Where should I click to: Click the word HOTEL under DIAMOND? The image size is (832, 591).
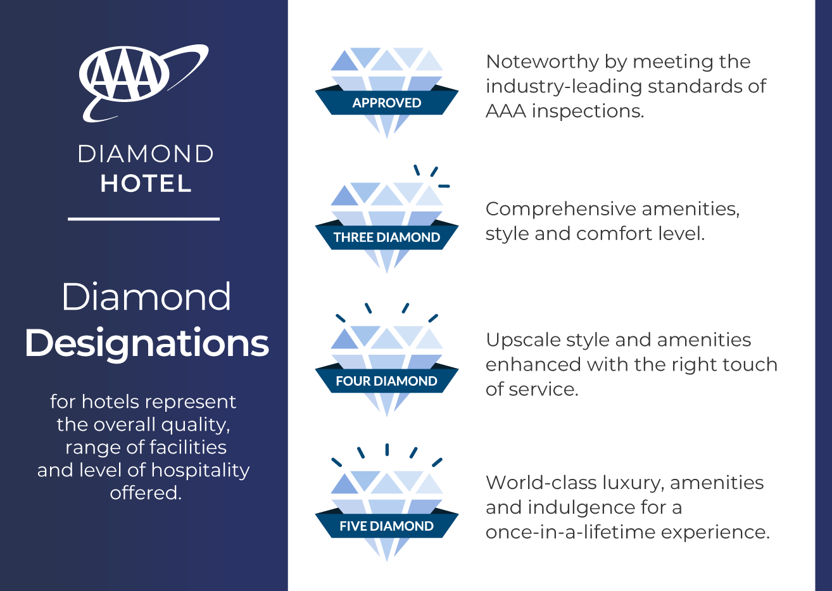[146, 184]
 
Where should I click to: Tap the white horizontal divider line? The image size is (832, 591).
[144, 219]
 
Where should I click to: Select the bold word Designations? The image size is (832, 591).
[147, 343]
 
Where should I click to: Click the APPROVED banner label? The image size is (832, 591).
[387, 103]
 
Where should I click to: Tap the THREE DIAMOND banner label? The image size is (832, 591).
[387, 238]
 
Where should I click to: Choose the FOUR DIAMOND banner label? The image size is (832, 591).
[387, 381]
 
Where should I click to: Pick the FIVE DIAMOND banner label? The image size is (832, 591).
[387, 526]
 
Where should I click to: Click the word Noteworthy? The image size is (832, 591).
[542, 62]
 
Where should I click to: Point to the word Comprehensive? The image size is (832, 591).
[561, 210]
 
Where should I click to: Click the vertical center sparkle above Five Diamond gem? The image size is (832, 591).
[387, 450]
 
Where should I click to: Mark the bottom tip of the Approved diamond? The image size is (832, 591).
[387, 138]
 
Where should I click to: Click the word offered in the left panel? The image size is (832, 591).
[146, 493]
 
